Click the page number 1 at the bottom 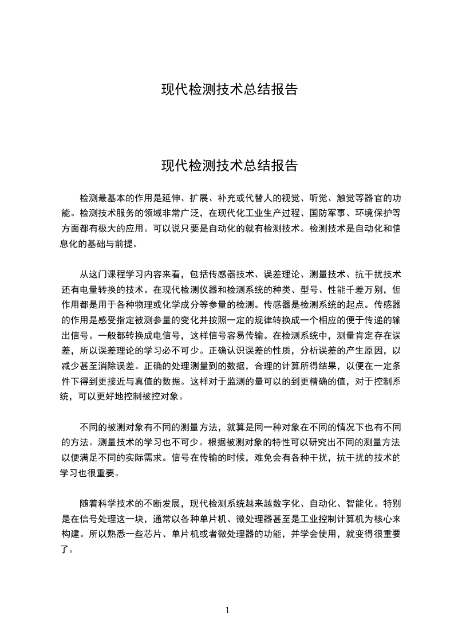pyautogui.click(x=227, y=610)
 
